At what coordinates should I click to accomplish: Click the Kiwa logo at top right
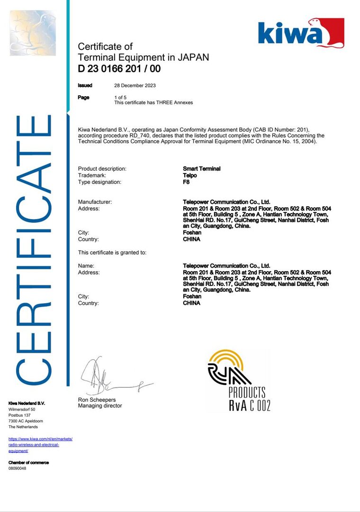click(x=301, y=33)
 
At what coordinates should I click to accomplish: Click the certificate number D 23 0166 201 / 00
click(x=119, y=69)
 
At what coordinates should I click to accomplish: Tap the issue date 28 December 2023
click(x=135, y=86)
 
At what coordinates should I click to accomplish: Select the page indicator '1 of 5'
click(x=120, y=97)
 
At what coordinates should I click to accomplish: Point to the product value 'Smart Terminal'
click(x=201, y=169)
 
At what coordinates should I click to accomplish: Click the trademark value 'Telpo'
click(x=190, y=175)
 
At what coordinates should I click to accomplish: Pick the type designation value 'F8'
click(x=186, y=182)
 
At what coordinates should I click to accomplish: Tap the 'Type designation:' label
click(x=99, y=182)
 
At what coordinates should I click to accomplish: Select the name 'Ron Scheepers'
click(x=97, y=400)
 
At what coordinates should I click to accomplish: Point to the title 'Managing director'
click(x=99, y=406)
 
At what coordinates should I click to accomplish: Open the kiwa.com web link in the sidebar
click(x=40, y=445)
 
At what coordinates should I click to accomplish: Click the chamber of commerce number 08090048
click(x=18, y=468)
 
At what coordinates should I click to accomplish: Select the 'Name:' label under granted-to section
click(x=86, y=266)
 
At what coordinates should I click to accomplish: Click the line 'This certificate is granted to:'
click(x=112, y=252)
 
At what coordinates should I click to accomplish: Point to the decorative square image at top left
click(x=33, y=33)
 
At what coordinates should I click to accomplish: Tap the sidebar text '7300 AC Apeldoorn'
click(x=26, y=421)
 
